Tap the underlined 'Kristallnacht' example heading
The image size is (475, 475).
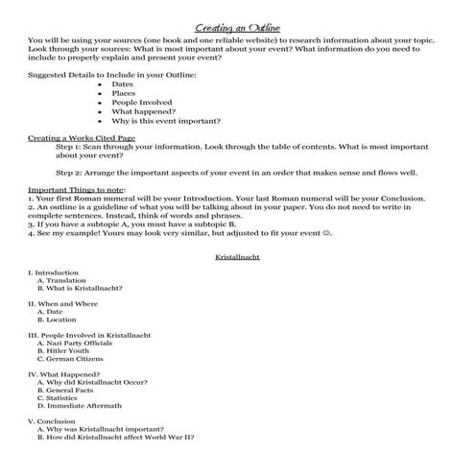[236, 258]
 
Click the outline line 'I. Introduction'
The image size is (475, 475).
[54, 273]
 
